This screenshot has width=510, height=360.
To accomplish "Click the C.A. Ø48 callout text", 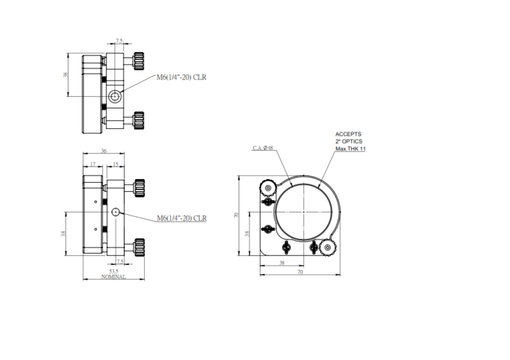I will coord(263,148).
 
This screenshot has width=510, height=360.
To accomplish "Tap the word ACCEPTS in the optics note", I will coord(348,134).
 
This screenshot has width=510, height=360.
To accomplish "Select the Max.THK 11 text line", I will coord(350,149).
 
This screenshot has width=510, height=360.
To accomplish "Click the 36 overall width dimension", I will coord(104,151).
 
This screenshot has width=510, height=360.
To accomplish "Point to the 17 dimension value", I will coord(92,165).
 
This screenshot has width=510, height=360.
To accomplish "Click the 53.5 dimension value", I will coord(114,271).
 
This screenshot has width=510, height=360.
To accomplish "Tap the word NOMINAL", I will coord(114,277).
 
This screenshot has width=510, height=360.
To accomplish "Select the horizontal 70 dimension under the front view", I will coord(300,272).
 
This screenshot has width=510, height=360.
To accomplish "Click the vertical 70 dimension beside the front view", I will coord(236,215).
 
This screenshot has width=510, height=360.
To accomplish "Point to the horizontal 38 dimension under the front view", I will coord(281,263).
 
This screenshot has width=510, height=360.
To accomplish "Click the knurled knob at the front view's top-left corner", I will coord(267,188).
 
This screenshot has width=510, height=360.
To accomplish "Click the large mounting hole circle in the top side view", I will coord(114,97).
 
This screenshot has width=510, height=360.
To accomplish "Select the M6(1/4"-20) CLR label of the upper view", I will coord(181,77).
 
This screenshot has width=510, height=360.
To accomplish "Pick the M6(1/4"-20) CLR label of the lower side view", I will coord(181,218).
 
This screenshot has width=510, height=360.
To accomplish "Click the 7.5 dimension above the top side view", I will coord(120,41).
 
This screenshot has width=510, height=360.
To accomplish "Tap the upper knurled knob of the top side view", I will coord(139,60).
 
